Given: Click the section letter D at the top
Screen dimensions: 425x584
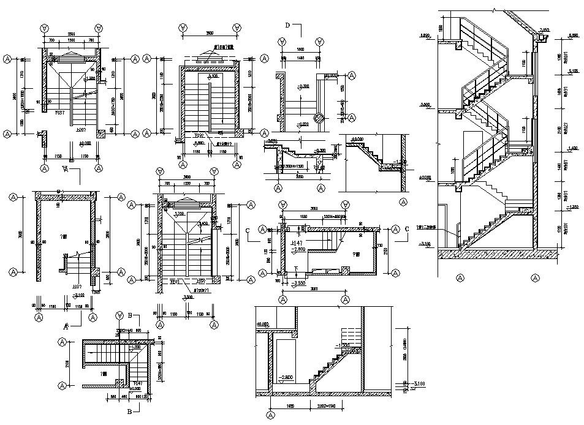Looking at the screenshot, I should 288,25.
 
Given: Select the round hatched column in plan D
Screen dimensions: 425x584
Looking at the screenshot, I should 318,119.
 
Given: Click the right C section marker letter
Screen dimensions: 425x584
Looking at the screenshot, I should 406,229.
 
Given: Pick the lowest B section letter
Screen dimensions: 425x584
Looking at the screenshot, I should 129,412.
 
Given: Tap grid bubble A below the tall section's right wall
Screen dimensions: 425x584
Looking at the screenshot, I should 535,277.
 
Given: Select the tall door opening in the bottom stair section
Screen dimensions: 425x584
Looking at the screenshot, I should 285,361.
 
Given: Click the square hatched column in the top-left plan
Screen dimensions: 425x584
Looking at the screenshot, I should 42,133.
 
